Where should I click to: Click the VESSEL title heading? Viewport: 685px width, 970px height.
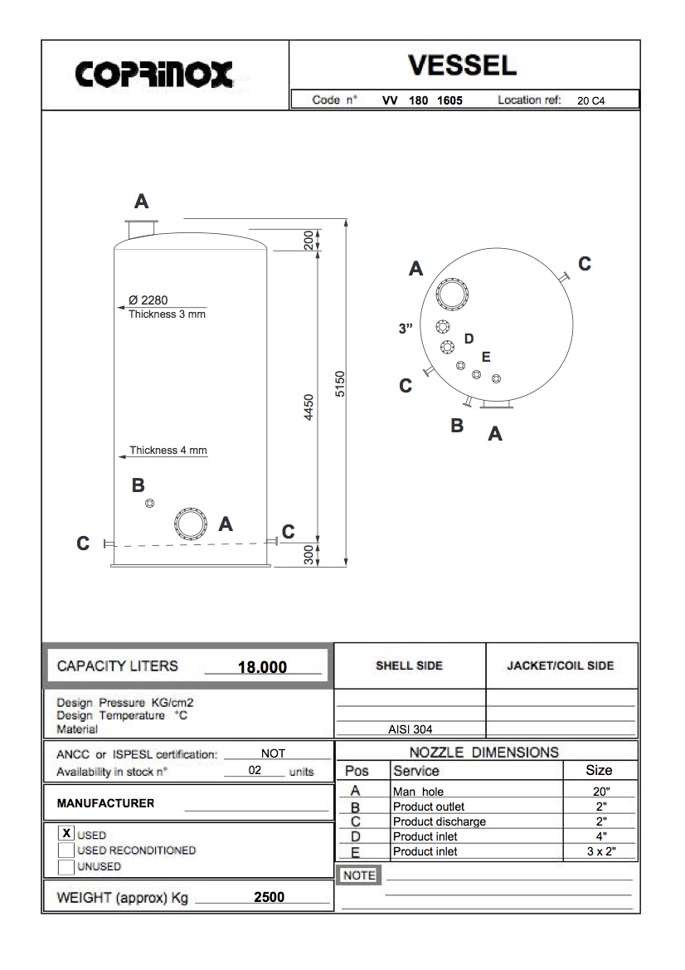pos(463,65)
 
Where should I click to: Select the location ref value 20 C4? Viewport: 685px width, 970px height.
pos(591,100)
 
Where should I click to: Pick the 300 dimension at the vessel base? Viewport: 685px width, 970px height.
pos(308,555)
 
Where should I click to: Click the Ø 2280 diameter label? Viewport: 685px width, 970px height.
pos(148,300)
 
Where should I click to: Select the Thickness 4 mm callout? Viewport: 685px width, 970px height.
pos(168,451)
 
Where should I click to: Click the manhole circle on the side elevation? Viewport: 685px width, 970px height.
pos(190,523)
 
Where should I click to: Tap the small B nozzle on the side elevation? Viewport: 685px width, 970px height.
pos(149,504)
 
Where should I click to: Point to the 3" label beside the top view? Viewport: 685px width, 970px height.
pos(406,329)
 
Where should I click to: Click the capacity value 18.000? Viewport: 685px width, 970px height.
pos(262,667)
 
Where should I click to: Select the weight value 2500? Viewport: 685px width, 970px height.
pos(269,897)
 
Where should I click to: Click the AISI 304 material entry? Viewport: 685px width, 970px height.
pos(410,730)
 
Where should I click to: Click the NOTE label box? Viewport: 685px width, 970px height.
pos(359,875)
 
